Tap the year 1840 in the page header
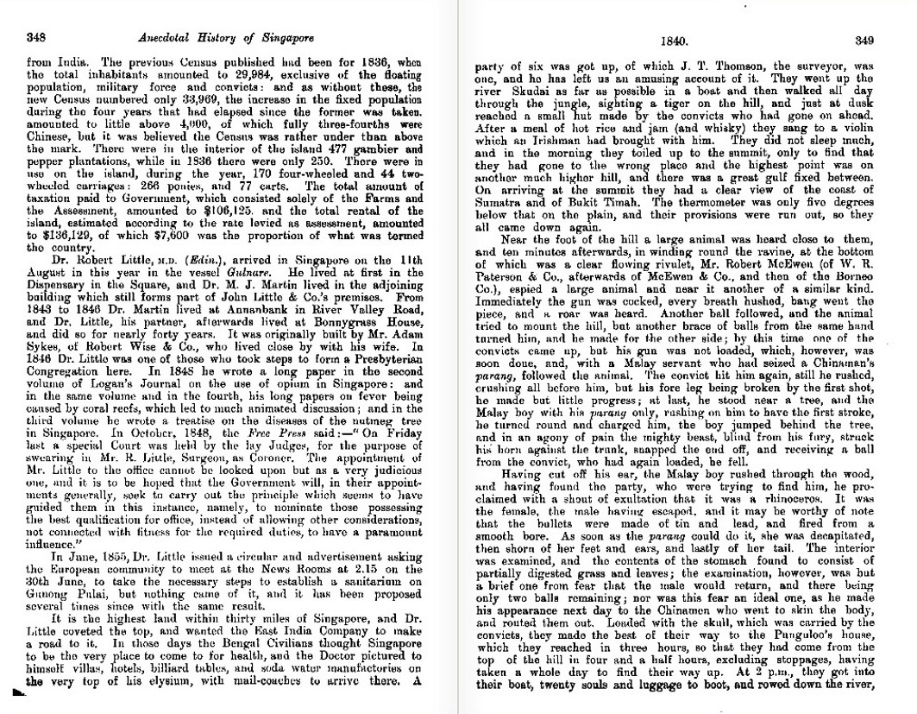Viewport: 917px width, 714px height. pos(672,40)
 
